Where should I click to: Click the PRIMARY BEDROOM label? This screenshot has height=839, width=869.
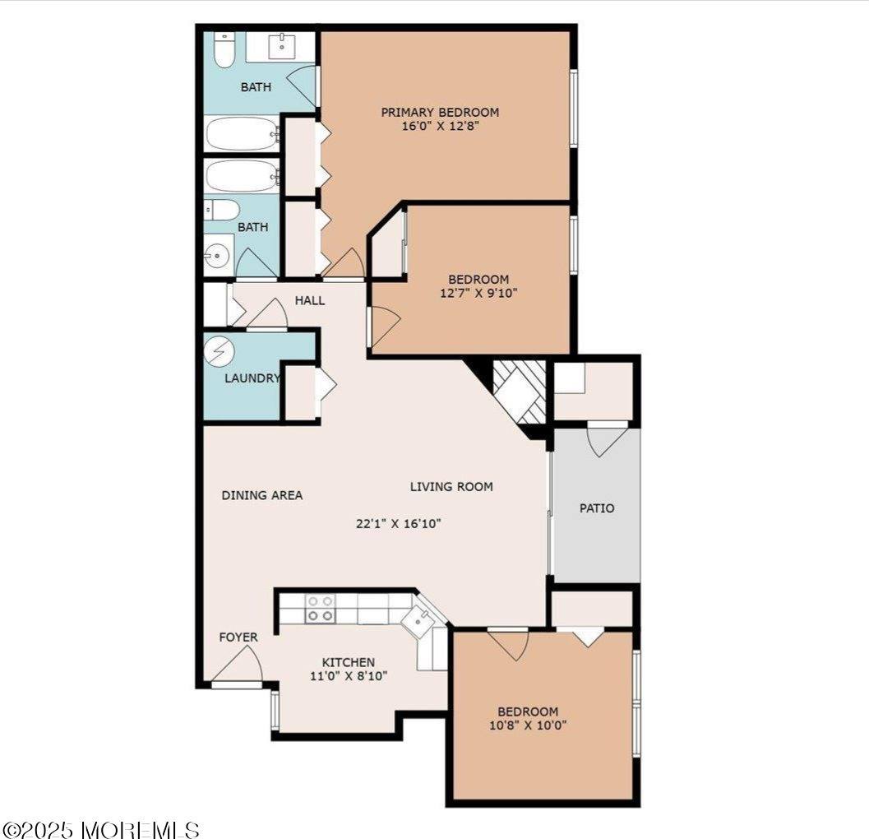pos(440,112)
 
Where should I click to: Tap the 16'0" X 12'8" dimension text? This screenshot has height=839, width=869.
pos(440,127)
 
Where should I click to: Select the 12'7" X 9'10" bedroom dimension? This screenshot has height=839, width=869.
pos(478,293)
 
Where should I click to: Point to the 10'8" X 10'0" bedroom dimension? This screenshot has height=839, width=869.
pos(527,725)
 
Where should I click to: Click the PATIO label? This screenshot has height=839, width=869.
pos(597,508)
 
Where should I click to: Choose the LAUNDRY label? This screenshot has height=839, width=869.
pos(252,378)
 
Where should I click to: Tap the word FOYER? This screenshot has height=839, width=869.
pos(238,637)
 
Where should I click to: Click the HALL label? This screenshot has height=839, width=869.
pos(310,301)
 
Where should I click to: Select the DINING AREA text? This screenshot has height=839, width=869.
pos(262,495)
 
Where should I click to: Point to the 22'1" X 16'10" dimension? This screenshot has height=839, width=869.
pos(399,523)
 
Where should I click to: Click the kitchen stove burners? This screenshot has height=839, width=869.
pos(320,609)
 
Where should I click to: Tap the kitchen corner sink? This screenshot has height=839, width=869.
pos(421,622)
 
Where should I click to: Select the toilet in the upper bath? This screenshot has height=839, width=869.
pos(224,51)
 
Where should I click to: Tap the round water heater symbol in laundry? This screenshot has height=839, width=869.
pos(220,352)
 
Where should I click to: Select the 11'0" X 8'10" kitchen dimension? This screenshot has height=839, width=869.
pos(348,676)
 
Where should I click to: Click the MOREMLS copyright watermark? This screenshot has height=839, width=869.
pos(100,828)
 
